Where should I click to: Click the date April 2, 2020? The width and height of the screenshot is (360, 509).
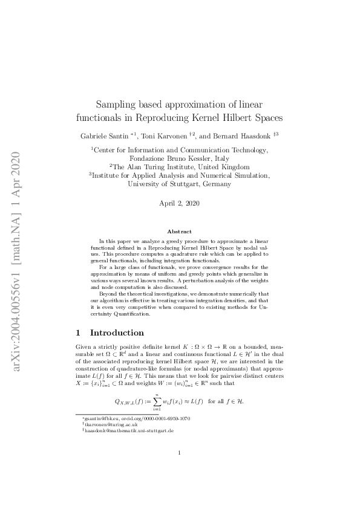coord(180,204)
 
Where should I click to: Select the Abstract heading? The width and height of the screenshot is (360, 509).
coord(180,232)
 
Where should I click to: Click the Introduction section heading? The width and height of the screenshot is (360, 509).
coord(117,332)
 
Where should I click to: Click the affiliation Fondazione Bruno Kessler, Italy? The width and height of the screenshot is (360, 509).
coord(180,158)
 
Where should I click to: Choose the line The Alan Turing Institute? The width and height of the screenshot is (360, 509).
coord(180,167)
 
